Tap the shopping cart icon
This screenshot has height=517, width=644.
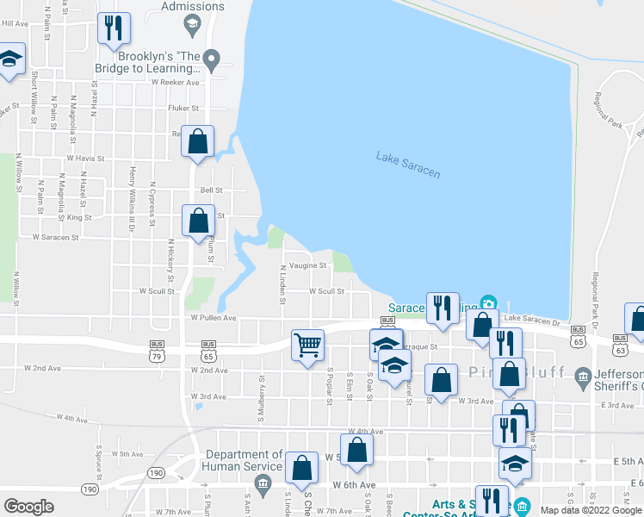[307, 345]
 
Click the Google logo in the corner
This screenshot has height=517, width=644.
[28, 507]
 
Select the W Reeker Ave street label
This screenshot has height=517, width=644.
[175, 83]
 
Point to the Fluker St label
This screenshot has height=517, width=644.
[183, 109]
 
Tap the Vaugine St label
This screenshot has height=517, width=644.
[307, 265]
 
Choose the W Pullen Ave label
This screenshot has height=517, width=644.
[214, 317]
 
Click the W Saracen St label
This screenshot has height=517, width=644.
[55, 236]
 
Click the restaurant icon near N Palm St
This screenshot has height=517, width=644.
[113, 28]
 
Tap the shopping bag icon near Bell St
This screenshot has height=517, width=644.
[199, 221]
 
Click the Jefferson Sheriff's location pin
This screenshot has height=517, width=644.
[584, 374]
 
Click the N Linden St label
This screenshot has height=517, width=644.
[282, 285]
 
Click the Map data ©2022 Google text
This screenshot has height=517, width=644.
[591, 510]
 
